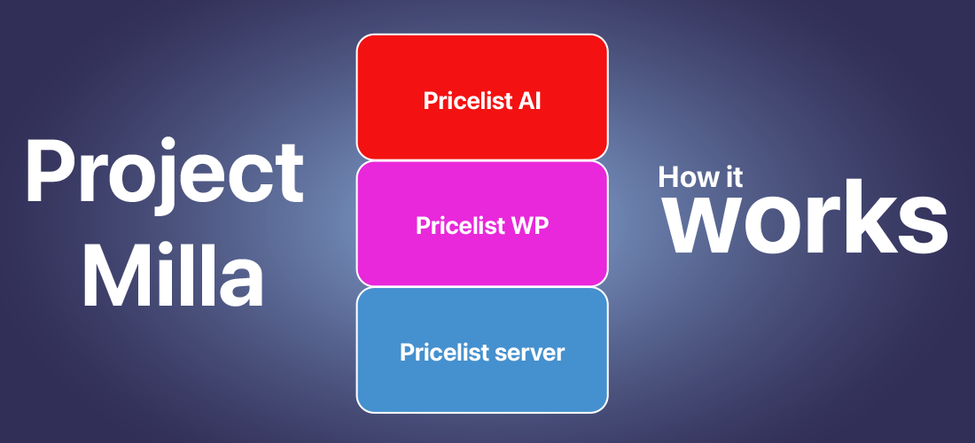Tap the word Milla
(x=173, y=274)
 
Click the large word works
(x=807, y=221)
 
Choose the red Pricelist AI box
(x=482, y=97)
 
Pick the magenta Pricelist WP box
(x=482, y=223)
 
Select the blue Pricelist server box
(x=482, y=350)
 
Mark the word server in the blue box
(x=529, y=353)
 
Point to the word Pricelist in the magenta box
(x=461, y=226)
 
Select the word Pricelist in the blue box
(x=444, y=352)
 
